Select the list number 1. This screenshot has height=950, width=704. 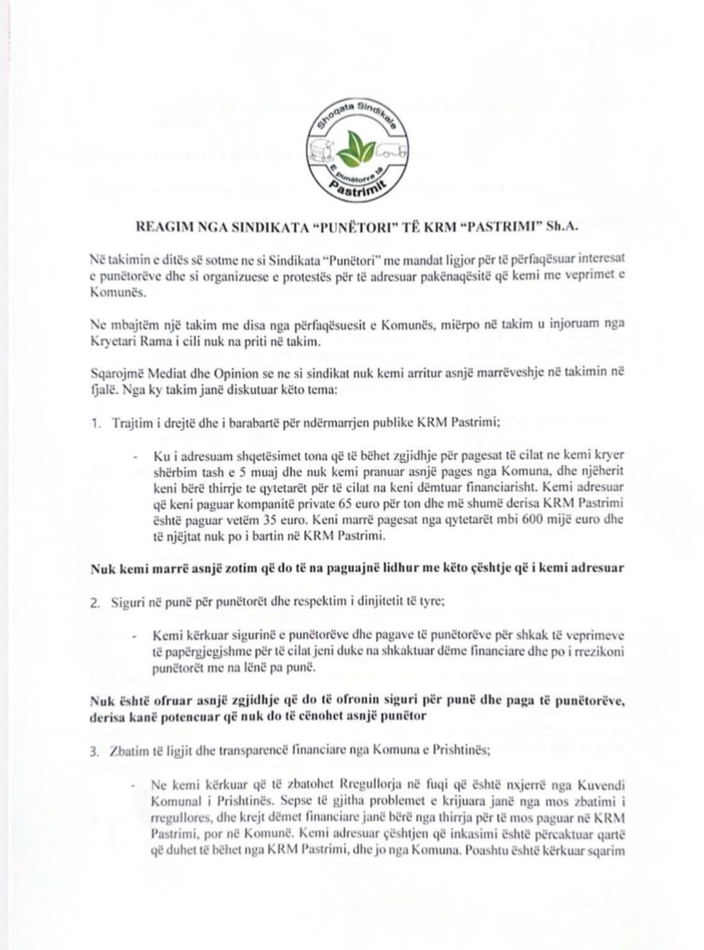tap(95, 423)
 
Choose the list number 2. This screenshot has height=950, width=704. tap(95, 602)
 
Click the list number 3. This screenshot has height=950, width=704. tap(95, 752)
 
